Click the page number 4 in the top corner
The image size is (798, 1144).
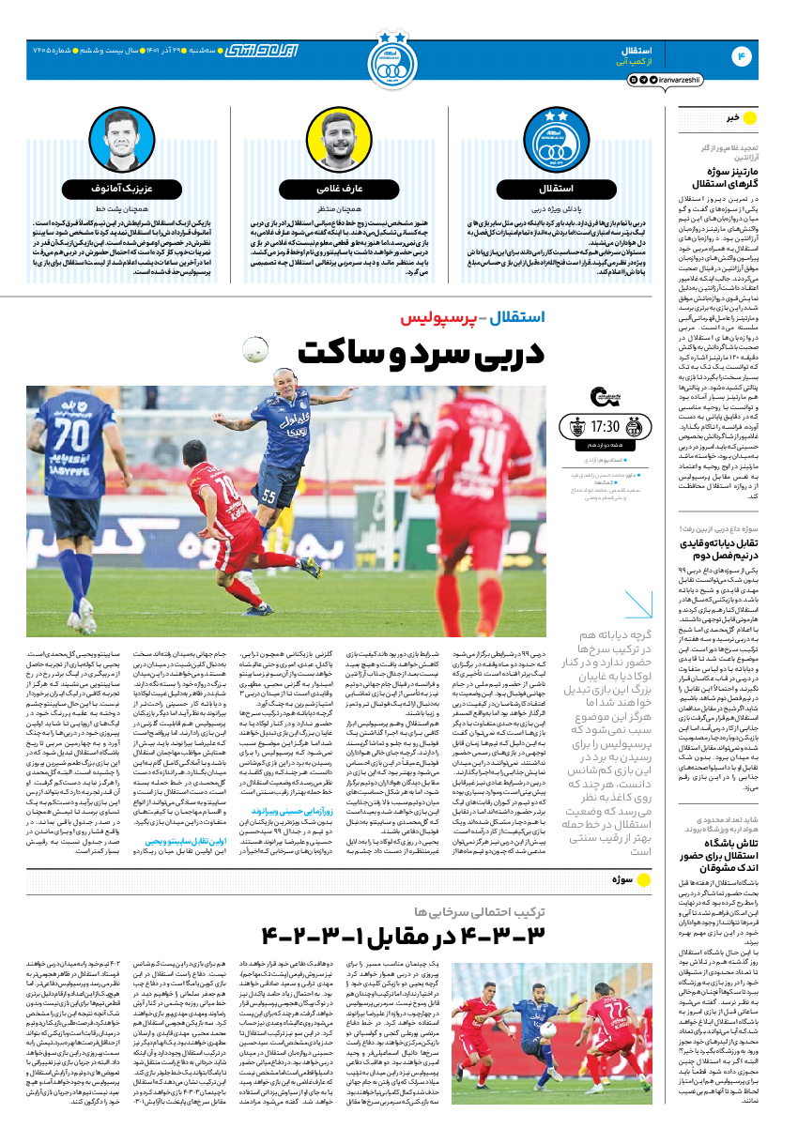pos(742,57)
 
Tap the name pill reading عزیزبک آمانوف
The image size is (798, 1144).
pos(116,188)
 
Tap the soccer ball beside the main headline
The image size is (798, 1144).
pos(255,349)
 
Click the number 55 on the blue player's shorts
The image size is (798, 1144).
pos(270,494)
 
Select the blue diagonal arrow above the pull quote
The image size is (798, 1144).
pos(638,604)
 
